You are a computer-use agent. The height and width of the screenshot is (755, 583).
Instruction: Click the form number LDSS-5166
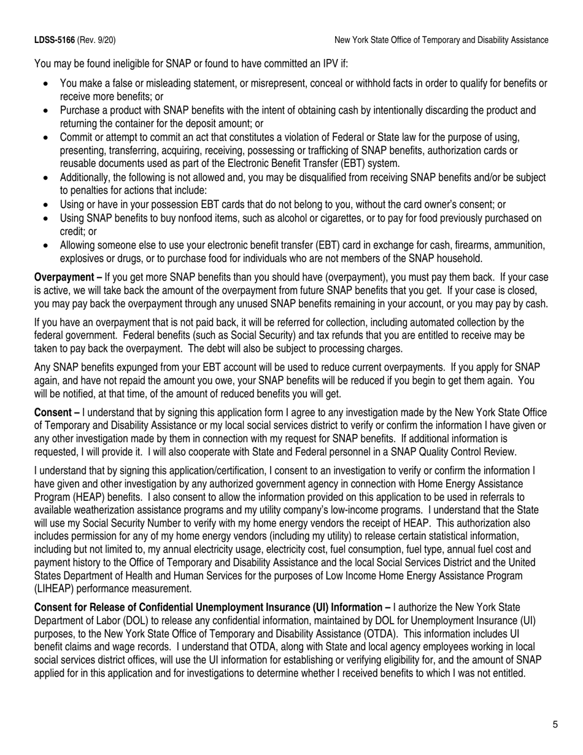[55, 41]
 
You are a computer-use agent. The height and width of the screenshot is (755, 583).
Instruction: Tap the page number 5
[555, 725]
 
